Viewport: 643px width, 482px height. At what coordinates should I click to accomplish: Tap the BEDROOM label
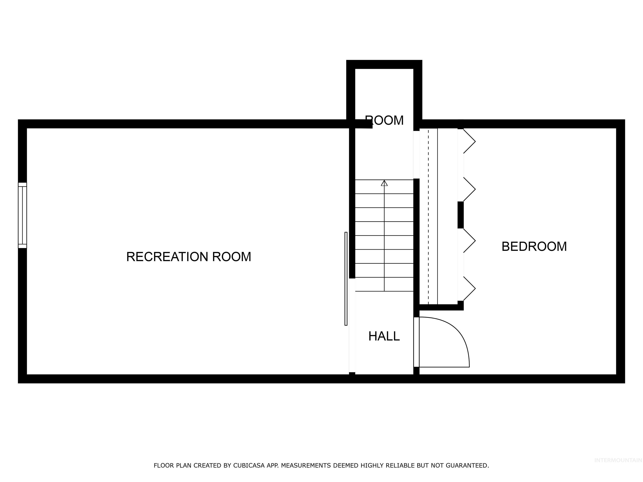(534, 247)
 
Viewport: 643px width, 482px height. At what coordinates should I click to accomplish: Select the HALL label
(384, 336)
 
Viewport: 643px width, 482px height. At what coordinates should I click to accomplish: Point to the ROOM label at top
(384, 120)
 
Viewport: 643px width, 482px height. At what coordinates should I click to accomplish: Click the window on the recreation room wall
(22, 215)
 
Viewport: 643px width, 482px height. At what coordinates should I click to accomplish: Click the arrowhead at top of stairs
(384, 183)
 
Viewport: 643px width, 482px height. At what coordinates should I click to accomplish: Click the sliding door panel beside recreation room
(346, 279)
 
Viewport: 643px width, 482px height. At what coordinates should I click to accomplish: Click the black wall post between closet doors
(460, 215)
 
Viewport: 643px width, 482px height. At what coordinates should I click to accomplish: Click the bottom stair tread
(384, 285)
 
